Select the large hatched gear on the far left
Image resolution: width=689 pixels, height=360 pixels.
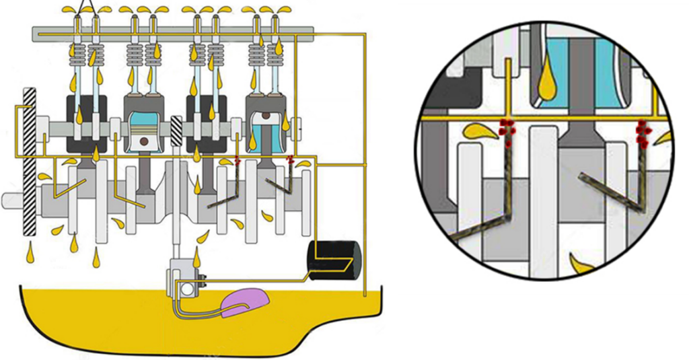tap(29, 161)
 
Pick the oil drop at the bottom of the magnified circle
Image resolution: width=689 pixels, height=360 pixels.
tap(580, 263)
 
